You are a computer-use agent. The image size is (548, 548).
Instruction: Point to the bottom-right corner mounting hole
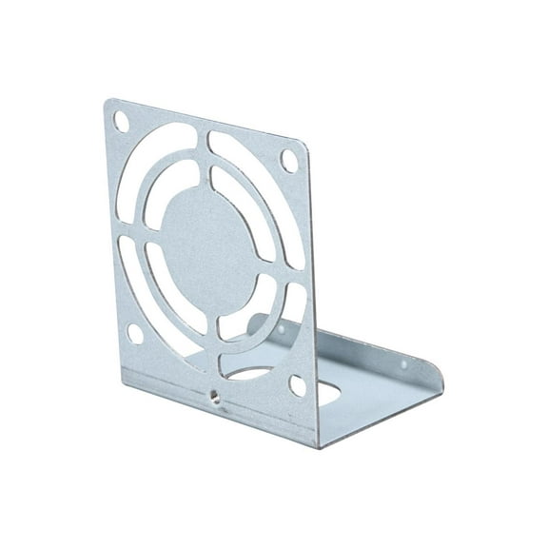pyautogui.click(x=298, y=384)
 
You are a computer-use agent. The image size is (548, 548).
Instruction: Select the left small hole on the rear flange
pyautogui.click(x=283, y=328)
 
